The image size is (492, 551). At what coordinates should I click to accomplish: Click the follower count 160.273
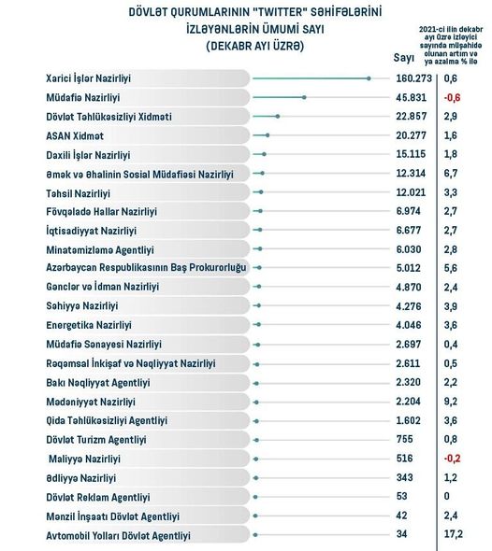point(413,78)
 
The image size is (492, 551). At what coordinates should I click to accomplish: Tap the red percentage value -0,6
point(452,97)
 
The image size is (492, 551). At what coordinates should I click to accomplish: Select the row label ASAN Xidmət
point(75,135)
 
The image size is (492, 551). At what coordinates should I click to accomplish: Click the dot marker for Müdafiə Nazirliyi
point(304,97)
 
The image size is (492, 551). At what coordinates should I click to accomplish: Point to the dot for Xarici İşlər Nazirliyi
point(369,78)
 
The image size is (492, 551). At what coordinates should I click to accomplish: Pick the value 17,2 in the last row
point(453,534)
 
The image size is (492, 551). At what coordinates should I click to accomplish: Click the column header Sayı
point(404,58)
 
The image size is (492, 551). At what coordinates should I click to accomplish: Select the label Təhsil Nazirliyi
point(79,193)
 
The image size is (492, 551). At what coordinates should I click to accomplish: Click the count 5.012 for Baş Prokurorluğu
point(408,268)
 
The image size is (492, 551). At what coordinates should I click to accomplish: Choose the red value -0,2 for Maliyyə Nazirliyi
point(452,459)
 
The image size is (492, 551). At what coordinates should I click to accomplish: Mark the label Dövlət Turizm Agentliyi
point(96,440)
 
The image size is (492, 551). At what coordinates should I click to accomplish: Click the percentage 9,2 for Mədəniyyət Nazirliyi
point(451,402)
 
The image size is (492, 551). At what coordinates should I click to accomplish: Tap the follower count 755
point(404,439)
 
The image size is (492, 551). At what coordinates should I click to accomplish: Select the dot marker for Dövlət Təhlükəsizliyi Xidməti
point(278,117)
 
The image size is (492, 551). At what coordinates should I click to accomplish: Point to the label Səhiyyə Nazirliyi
point(82,305)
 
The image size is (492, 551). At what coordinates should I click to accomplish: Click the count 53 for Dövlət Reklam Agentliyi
point(401,496)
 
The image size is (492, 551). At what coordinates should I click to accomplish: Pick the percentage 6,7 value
point(451,174)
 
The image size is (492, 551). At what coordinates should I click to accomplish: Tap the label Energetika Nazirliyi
point(89,325)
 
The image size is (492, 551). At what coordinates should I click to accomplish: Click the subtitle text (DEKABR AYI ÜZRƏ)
point(255,46)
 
